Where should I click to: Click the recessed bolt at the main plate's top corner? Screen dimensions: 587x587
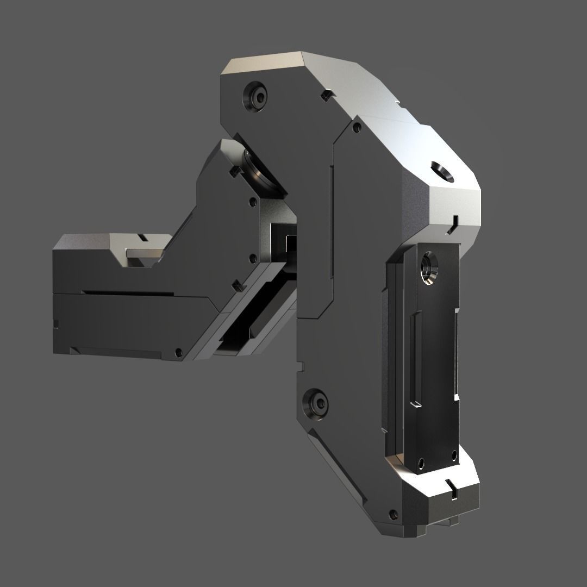coord(257,97)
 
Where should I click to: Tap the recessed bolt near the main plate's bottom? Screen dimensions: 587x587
coord(317,403)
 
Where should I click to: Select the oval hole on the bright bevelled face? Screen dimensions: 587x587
coord(443,171)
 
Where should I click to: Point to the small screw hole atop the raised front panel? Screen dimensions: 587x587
coord(357,128)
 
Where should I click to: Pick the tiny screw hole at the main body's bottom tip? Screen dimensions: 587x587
coord(393,514)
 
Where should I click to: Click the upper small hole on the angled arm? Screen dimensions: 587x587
coord(253,203)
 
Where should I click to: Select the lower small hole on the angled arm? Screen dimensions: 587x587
coord(252,259)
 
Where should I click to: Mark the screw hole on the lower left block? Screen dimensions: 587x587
coord(178,352)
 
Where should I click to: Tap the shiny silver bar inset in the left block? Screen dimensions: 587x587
coord(145,253)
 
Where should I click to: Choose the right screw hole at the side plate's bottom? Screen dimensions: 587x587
coord(454,454)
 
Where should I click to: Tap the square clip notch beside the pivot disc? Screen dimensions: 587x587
coord(235,171)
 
